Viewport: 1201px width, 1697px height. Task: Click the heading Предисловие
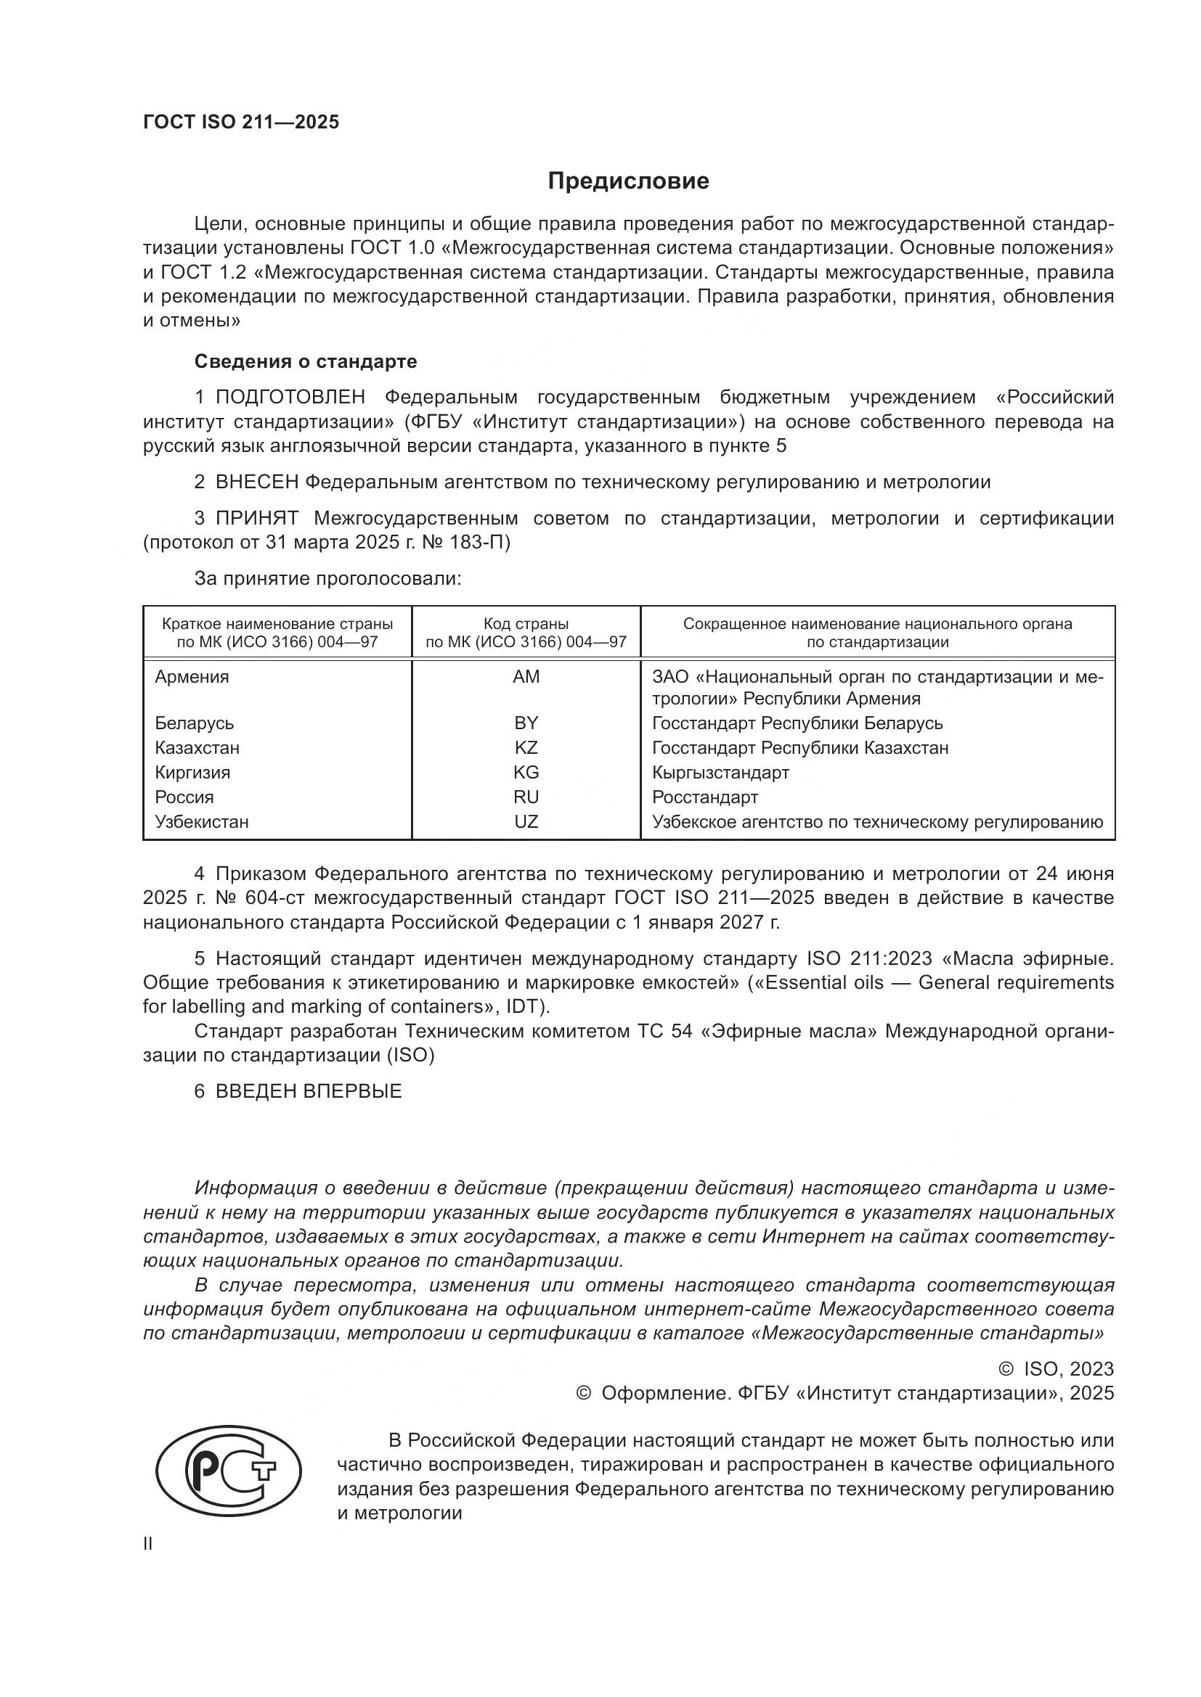coord(628,181)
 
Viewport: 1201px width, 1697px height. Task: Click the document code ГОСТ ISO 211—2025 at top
coord(240,122)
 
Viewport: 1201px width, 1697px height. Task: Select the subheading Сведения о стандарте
coord(306,361)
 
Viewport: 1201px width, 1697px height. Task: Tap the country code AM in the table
coord(526,676)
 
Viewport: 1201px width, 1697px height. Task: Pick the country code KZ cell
coord(526,747)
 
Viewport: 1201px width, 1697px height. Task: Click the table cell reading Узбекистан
coord(201,821)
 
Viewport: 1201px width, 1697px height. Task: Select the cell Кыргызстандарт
coord(720,773)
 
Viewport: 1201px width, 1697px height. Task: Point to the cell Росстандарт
coord(705,797)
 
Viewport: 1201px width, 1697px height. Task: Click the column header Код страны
coord(526,623)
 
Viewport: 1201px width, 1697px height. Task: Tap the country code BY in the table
coord(526,723)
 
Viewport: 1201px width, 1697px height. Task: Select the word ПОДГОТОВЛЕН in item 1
coord(290,397)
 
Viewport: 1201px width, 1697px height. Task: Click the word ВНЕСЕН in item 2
coord(256,482)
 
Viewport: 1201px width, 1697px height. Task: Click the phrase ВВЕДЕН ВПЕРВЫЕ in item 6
coord(309,1091)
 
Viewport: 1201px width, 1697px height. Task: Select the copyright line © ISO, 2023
coord(1056,1369)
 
